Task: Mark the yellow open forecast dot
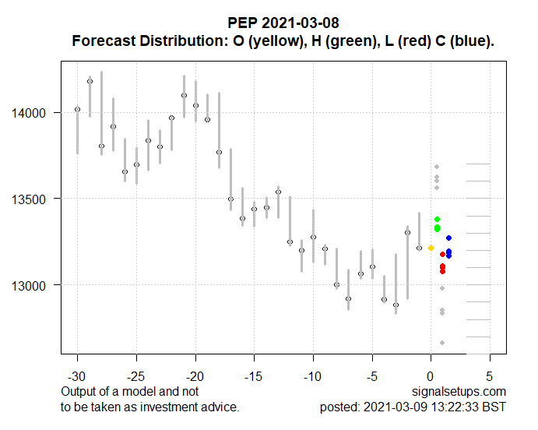pos(431,248)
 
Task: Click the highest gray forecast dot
pos(437,167)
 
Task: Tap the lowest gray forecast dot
pos(442,343)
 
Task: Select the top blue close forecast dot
pos(448,238)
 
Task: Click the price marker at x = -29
pos(90,81)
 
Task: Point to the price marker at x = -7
pos(348,298)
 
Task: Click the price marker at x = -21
pos(184,95)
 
